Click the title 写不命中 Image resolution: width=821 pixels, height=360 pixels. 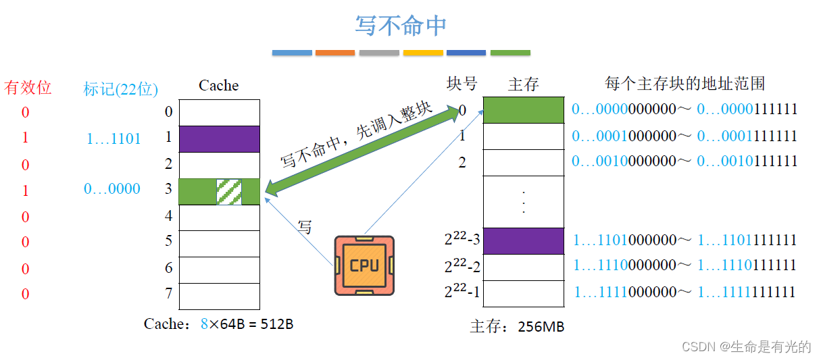[401, 26]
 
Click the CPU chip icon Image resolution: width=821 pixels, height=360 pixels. [364, 265]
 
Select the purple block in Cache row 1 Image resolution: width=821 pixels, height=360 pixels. [219, 138]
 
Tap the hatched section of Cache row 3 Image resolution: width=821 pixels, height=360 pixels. [228, 191]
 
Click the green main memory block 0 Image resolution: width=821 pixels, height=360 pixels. [524, 110]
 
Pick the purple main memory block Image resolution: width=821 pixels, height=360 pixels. [524, 240]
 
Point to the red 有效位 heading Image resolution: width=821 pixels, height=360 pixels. [28, 87]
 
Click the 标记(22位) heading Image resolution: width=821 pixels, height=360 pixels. [120, 88]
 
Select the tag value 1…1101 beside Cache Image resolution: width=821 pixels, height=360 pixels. [114, 139]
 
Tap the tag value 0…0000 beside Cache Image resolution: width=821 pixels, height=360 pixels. [112, 189]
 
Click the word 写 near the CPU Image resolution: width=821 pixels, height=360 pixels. [305, 227]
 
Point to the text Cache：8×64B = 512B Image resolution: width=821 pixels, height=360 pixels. [218, 324]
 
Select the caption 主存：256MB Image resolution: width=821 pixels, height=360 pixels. [517, 327]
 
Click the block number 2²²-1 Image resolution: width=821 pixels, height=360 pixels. [462, 292]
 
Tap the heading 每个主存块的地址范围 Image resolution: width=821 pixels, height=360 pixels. [685, 84]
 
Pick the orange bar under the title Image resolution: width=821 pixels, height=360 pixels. [334, 52]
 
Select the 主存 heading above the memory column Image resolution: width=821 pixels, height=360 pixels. [523, 84]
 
